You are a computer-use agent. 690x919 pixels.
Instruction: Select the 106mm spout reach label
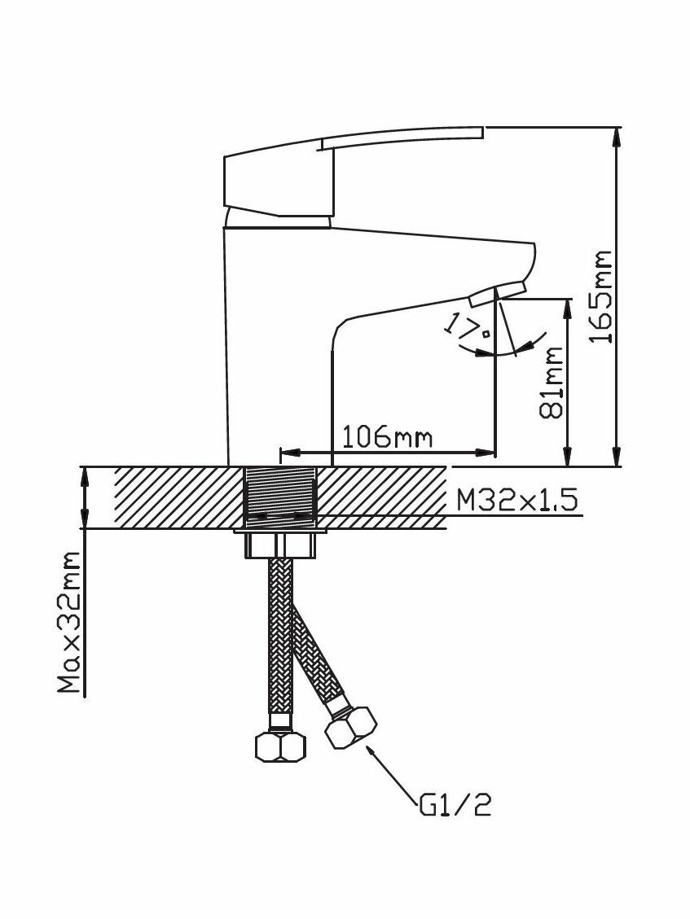[386, 438]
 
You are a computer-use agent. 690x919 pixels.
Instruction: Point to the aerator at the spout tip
[498, 291]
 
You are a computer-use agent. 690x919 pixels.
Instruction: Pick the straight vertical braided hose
[280, 635]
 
